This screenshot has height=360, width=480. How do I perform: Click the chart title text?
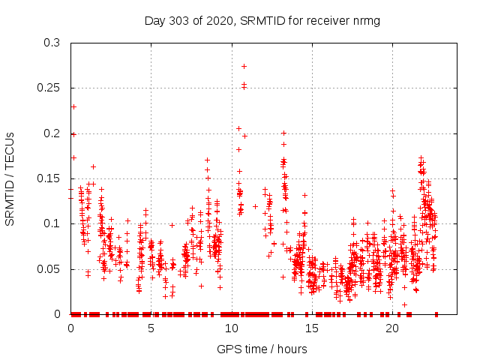coord(262,21)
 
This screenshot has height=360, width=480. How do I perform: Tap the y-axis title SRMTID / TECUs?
coord(10,179)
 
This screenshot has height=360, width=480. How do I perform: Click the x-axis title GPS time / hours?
coord(262,349)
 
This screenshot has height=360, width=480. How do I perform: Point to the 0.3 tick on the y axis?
coord(52,43)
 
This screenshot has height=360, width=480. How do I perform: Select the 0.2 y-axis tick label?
coord(52,133)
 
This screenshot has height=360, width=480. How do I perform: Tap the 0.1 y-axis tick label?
coord(52,223)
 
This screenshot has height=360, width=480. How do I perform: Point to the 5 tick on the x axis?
coord(151,328)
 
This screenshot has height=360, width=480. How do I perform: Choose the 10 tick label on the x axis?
coord(232,328)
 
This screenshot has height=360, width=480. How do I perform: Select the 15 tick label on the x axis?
coord(312,328)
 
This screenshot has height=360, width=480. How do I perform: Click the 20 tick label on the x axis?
coord(392,328)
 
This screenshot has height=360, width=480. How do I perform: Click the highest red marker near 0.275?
coord(244,66)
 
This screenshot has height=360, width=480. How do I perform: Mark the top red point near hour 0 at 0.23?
coord(73,106)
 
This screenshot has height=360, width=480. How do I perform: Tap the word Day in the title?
coord(154,21)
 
